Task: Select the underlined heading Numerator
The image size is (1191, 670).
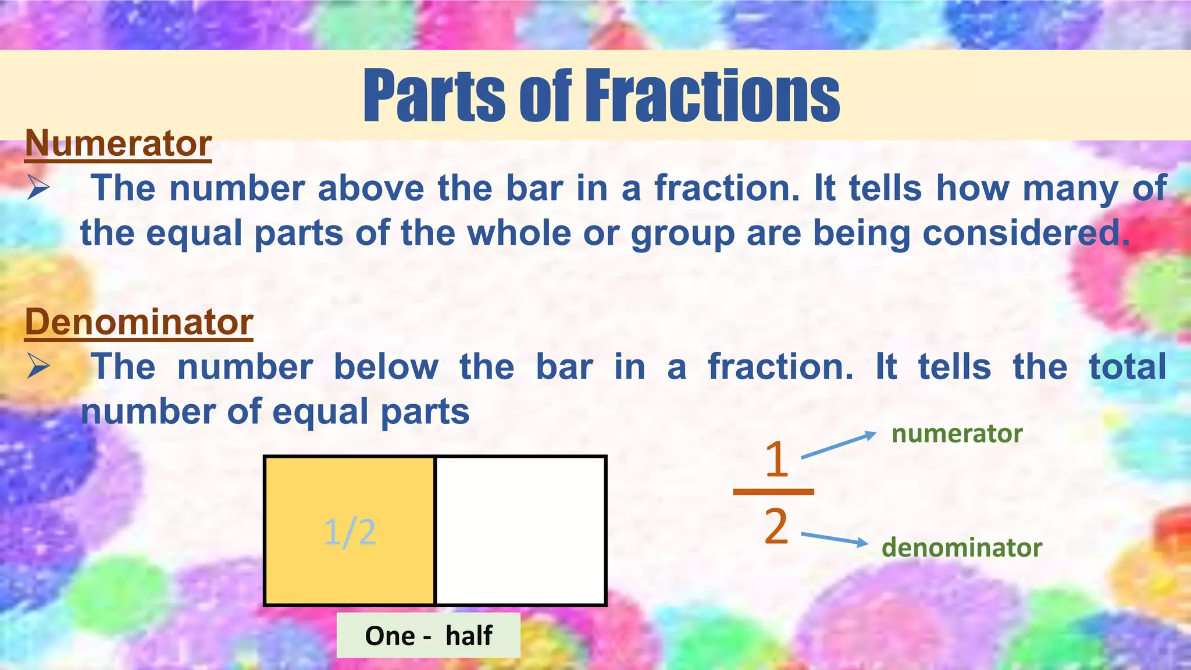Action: pyautogui.click(x=118, y=143)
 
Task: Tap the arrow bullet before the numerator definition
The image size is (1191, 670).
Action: pyautogui.click(x=38, y=188)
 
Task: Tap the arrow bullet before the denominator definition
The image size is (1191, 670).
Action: pyautogui.click(x=38, y=367)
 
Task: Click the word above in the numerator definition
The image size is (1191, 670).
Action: pyautogui.click(x=371, y=188)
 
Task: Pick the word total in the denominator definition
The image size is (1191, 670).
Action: pyautogui.click(x=1128, y=367)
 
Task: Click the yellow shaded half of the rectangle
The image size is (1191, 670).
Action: pyautogui.click(x=350, y=500)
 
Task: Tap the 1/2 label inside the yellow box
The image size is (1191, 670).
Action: pyautogui.click(x=350, y=532)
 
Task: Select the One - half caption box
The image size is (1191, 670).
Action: pyautogui.click(x=429, y=635)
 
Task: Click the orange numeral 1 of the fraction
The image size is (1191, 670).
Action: pyautogui.click(x=776, y=459)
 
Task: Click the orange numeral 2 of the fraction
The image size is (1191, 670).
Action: pyautogui.click(x=776, y=526)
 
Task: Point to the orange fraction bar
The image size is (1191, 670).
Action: pyautogui.click(x=773, y=492)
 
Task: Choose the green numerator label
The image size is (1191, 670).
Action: pyautogui.click(x=957, y=434)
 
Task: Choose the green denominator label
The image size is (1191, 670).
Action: pyautogui.click(x=961, y=548)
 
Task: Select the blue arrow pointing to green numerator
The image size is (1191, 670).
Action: pyautogui.click(x=838, y=446)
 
